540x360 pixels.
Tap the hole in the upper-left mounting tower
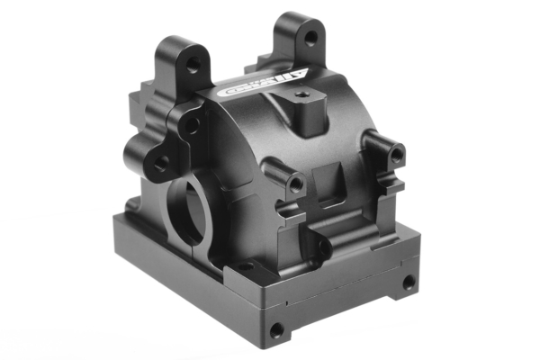pyautogui.click(x=192, y=64)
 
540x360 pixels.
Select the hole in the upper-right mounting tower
pyautogui.click(x=310, y=38)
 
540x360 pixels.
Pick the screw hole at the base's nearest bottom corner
pyautogui.click(x=276, y=330)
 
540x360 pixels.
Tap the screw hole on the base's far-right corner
pyautogui.click(x=409, y=282)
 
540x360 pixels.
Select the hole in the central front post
pyautogui.click(x=294, y=183)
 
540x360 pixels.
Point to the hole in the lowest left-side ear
pyautogui.click(x=160, y=165)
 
